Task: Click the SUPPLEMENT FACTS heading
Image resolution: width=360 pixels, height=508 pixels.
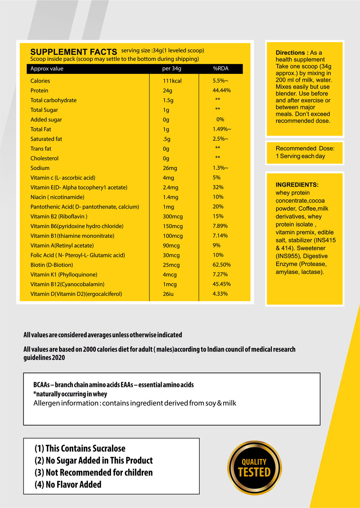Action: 73,52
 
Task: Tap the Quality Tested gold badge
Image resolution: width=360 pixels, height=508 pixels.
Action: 254,468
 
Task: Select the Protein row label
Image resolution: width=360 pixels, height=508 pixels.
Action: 39,90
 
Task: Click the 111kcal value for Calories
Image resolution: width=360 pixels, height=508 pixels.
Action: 172,81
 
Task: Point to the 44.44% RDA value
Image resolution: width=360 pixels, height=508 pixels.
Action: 221,90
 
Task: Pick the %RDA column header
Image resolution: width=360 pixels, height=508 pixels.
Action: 220,68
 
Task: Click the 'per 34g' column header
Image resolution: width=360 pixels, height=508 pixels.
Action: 172,68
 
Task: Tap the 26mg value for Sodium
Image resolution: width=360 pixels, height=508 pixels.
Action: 170,168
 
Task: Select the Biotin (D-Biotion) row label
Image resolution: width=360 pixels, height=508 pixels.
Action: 51,265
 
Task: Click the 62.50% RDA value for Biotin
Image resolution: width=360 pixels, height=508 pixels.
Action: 221,265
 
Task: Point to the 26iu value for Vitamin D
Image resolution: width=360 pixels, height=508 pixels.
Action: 168,294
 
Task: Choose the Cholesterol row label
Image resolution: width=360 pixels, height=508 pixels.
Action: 44,159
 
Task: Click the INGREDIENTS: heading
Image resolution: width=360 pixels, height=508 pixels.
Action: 297,185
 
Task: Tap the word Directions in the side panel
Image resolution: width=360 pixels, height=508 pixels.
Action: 290,53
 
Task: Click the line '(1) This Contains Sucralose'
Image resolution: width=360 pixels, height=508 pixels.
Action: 80,449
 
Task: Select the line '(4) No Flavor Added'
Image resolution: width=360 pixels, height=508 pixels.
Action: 68,485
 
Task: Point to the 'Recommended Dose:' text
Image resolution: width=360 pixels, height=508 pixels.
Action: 305,148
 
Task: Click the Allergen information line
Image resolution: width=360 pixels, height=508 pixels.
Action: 135,403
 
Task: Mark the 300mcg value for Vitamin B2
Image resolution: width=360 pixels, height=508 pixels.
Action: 173,217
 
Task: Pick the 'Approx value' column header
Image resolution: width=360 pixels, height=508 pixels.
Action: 47,68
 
